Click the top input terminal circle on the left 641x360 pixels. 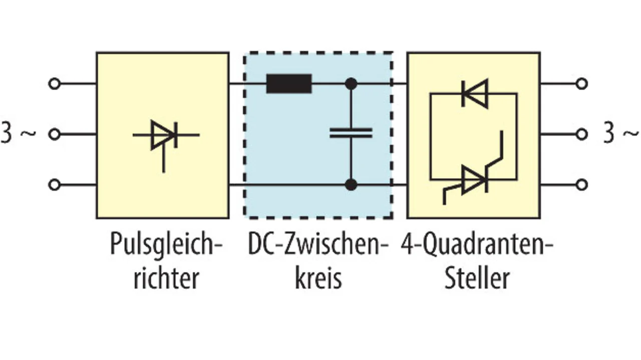tap(54, 84)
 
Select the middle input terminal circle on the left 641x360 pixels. tap(54, 134)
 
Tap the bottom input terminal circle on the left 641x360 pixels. tap(54, 185)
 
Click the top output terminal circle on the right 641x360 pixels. tap(581, 84)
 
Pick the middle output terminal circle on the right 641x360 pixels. tap(581, 134)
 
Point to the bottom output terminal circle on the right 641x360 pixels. tap(581, 185)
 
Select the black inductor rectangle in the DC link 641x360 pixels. tap(289, 84)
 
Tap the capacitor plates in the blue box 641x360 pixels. tap(351, 133)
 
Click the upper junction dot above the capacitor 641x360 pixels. tap(352, 84)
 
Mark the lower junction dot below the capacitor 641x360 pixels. tap(352, 185)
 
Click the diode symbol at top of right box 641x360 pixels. tap(474, 94)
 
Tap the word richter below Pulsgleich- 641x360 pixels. tap(166, 278)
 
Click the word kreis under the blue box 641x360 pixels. tap(318, 278)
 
